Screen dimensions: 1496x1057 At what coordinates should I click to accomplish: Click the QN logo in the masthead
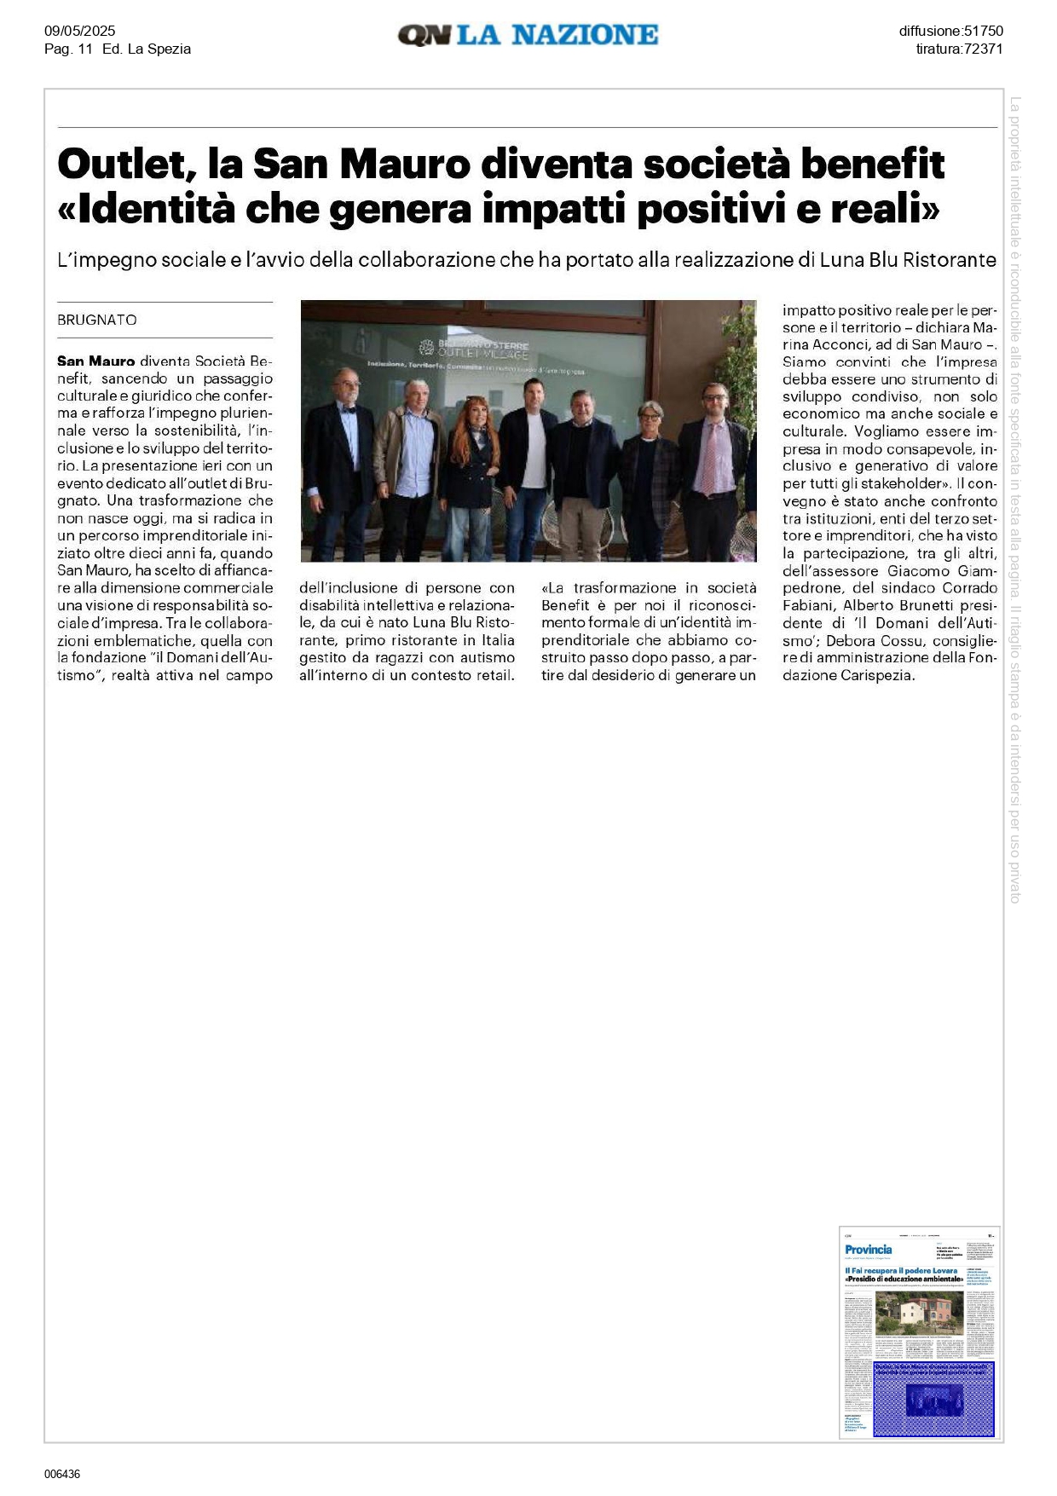point(425,35)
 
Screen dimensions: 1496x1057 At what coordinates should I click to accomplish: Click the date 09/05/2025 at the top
point(80,32)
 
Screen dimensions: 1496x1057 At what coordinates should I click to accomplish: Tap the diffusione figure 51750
point(983,32)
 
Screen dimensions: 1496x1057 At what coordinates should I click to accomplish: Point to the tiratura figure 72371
point(983,49)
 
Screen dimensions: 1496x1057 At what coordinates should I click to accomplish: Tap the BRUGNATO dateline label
point(97,320)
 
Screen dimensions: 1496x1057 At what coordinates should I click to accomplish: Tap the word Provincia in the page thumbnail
point(868,1250)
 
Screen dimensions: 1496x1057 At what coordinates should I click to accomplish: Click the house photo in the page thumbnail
point(918,1314)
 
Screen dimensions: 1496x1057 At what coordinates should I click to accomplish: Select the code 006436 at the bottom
point(62,1474)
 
